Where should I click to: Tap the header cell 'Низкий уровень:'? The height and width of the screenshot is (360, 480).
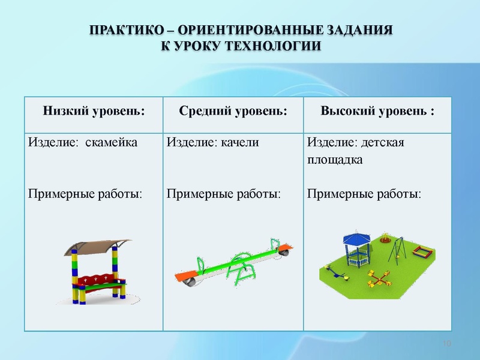(94, 112)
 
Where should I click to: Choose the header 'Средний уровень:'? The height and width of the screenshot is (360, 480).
(233, 112)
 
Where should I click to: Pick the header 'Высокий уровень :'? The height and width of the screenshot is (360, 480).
(378, 112)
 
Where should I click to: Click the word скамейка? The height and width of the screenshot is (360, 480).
(112, 143)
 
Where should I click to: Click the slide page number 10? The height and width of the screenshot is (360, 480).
(446, 343)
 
